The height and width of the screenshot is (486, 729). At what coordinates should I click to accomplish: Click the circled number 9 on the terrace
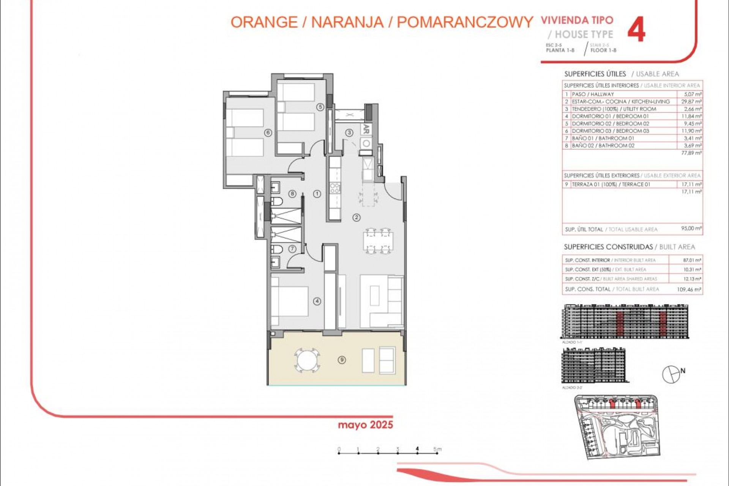coord(342,360)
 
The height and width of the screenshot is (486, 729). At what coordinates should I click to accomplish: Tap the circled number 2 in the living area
coord(356,218)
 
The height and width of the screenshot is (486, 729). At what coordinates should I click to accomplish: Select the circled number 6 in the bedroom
coord(268,133)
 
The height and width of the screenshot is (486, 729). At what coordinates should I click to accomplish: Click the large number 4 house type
coord(636,31)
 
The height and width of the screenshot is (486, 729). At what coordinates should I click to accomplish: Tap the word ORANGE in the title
coord(264,22)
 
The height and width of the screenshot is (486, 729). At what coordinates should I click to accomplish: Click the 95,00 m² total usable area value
coord(691,229)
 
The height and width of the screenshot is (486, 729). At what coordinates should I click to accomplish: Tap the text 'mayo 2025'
coord(365,425)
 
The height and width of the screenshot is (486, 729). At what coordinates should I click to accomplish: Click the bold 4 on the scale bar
coord(417,449)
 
